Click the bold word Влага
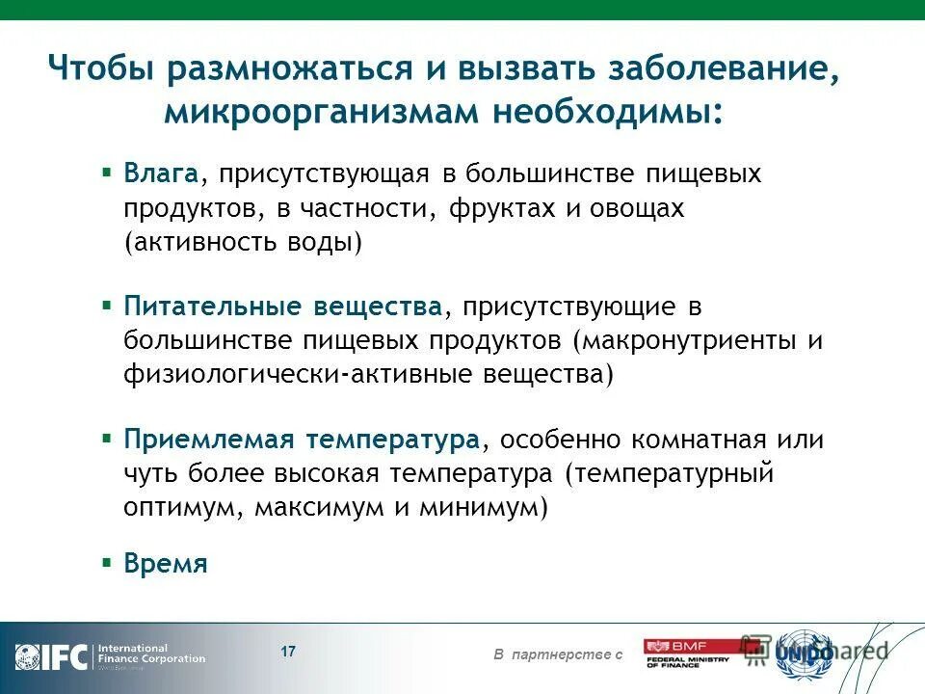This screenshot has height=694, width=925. pos(161,174)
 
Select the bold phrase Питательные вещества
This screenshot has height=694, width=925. pos(282,307)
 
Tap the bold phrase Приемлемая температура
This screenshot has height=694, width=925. pos(301,440)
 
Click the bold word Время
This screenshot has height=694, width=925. pos(166,564)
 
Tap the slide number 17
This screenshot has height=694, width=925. pos(288,652)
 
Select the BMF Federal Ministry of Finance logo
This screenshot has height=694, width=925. pos(688,654)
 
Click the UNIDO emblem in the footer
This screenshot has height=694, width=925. pos(804,654)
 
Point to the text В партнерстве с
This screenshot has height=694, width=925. pos(558,655)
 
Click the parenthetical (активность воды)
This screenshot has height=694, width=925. pos(243,242)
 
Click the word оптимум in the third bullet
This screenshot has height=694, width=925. pos(181,508)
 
